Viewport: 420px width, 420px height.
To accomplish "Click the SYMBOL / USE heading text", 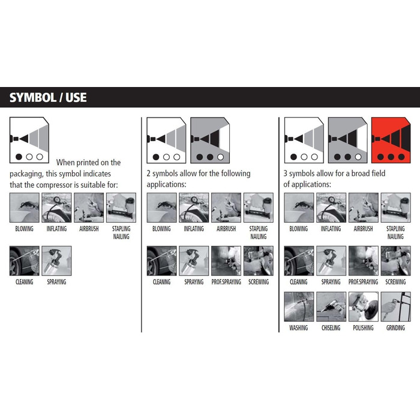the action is click(x=48, y=97).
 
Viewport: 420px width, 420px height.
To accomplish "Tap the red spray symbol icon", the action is click(x=391, y=140).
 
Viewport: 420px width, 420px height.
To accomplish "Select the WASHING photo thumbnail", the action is click(x=299, y=307).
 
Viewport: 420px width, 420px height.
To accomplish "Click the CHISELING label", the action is click(x=331, y=328).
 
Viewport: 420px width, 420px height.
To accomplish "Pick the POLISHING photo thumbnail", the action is click(x=363, y=307).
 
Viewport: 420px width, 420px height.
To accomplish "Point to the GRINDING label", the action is click(x=395, y=328).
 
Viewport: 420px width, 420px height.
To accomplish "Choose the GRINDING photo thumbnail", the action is click(x=395, y=307).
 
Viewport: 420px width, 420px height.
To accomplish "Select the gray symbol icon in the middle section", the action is click(x=210, y=140).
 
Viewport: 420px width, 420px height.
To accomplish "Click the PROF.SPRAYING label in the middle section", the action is click(x=226, y=282).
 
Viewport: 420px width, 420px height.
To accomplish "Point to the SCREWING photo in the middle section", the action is click(x=259, y=261).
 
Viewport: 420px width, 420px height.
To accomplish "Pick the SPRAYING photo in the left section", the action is click(x=56, y=261).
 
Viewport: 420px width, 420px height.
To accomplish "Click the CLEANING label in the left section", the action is click(x=25, y=282).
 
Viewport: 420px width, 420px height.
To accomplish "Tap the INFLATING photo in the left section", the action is click(x=56, y=208).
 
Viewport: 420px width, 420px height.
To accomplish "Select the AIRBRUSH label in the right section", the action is click(x=363, y=229).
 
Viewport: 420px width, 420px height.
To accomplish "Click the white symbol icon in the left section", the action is click(x=29, y=140).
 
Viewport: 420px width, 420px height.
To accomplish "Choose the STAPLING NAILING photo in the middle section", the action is click(x=259, y=208).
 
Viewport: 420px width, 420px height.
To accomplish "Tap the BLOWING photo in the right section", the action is click(x=299, y=208).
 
